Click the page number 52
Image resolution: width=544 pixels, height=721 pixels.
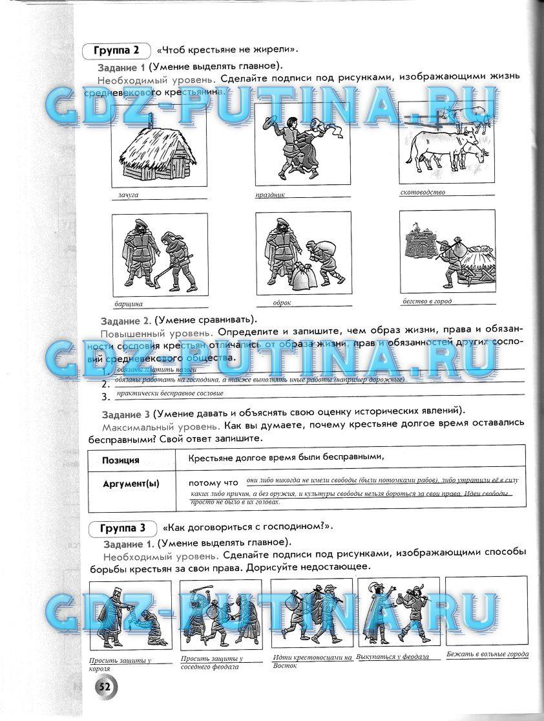tap(104, 687)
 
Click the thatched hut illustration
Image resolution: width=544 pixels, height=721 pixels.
tap(158, 153)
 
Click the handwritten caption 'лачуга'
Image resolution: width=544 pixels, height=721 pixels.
tap(129, 194)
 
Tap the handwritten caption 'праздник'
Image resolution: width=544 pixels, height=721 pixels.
tap(270, 194)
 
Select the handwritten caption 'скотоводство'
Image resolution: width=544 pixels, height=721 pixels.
tap(423, 192)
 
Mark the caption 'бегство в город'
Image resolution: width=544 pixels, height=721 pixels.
tap(426, 301)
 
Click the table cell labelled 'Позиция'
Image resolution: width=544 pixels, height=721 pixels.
tap(121, 460)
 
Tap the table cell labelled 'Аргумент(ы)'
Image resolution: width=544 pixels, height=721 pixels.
tap(131, 484)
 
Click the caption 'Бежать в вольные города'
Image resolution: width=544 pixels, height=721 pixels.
tap(487, 654)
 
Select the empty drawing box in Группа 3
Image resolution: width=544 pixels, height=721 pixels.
tap(486, 611)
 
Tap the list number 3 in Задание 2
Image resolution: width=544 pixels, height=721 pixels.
tap(105, 397)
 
